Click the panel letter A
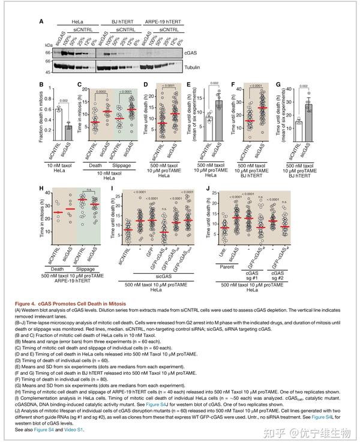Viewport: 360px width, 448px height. click(41, 22)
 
